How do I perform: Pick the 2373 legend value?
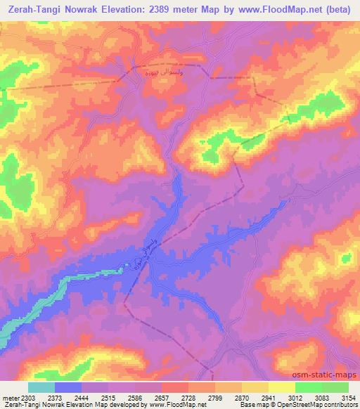click(x=55, y=397)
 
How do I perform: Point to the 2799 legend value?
click(x=215, y=397)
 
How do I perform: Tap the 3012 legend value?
click(x=295, y=397)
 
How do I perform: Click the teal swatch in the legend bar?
click(x=41, y=387)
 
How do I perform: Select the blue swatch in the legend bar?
click(x=68, y=387)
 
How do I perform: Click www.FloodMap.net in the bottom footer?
click(x=171, y=405)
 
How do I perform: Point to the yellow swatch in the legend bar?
click(x=282, y=387)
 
